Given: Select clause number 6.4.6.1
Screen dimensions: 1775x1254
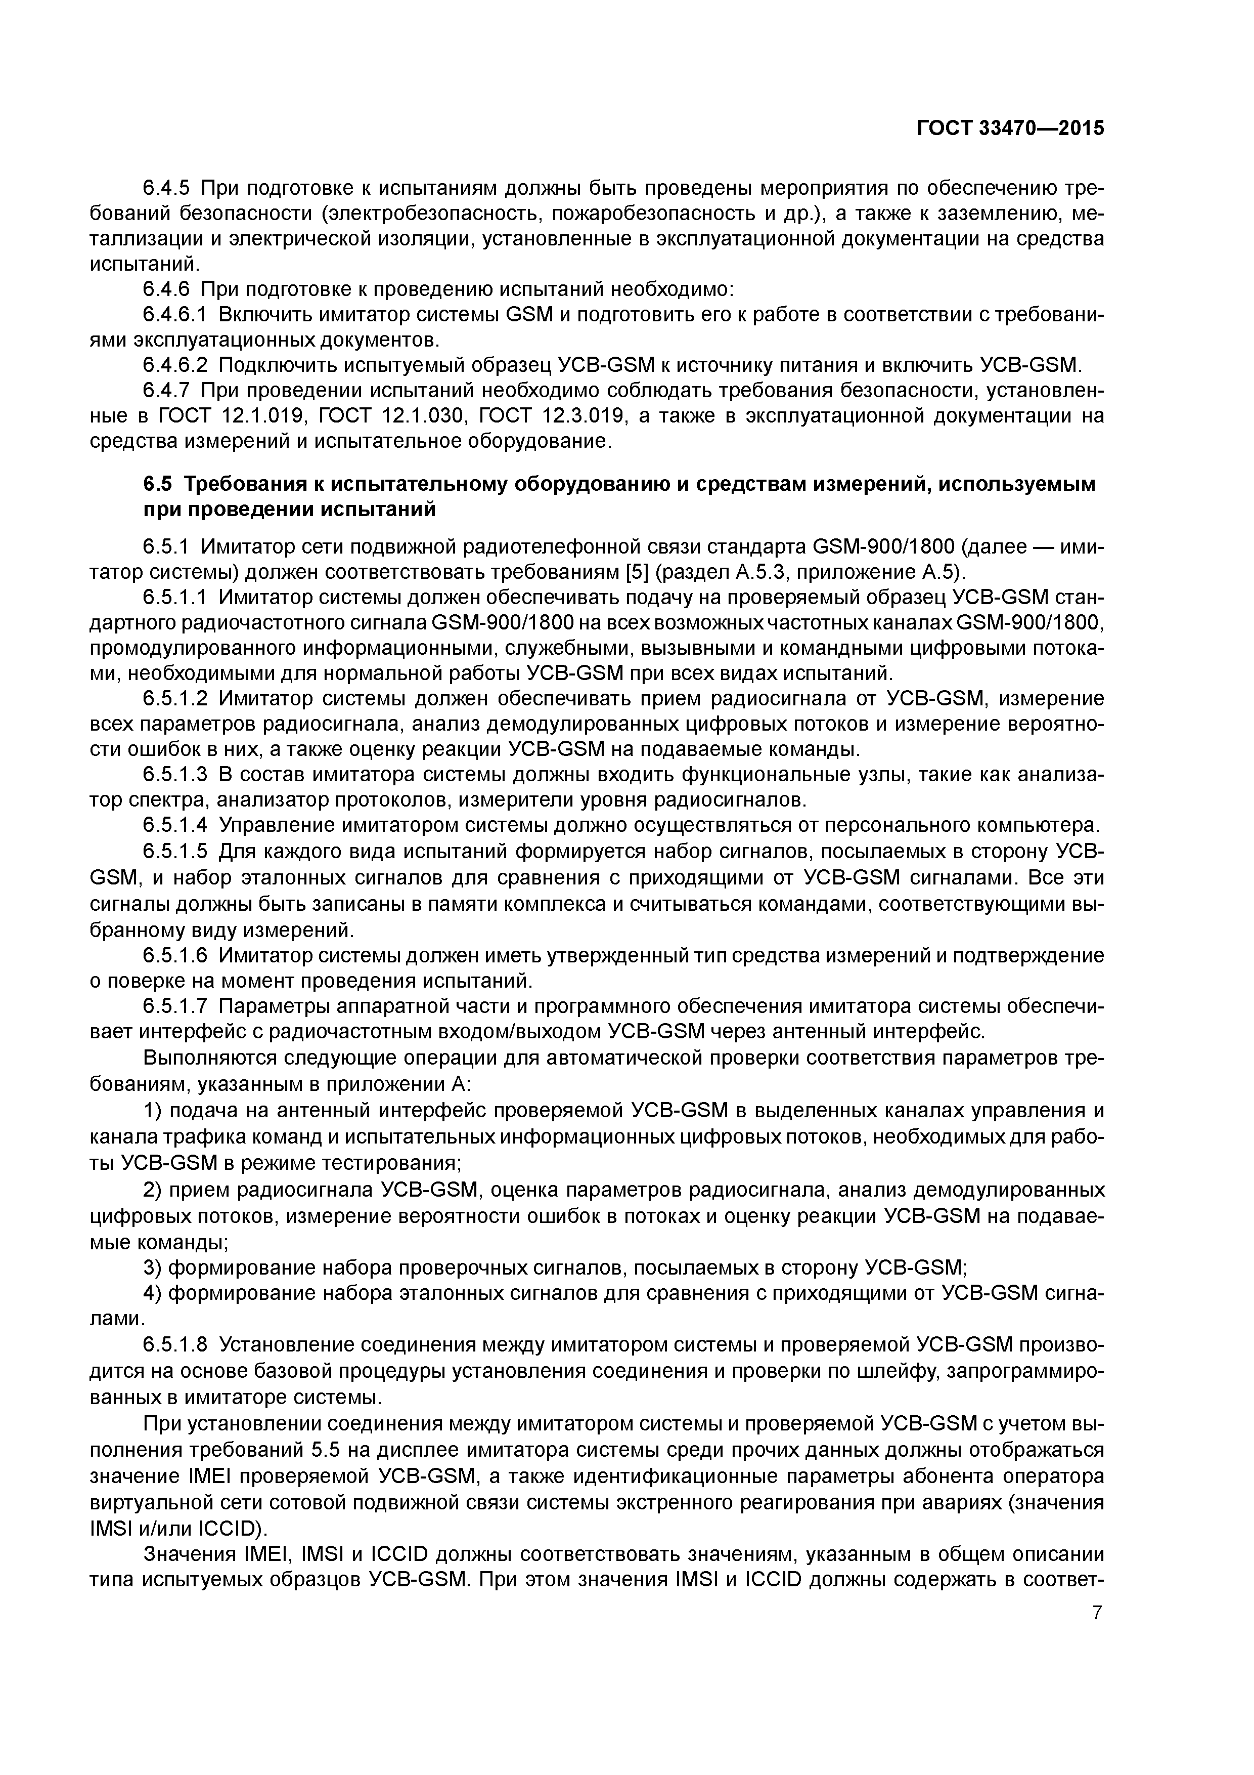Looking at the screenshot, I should coord(175,315).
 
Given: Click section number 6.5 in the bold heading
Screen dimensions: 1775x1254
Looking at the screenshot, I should coord(158,484).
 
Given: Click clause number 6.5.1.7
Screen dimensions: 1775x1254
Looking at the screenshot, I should coord(175,1006).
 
